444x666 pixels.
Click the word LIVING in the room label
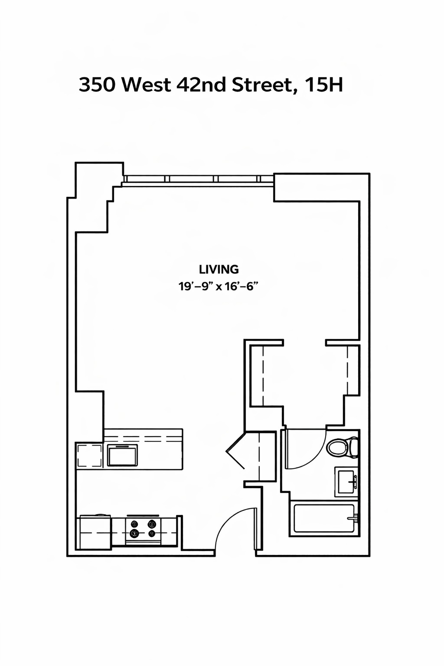click(219, 269)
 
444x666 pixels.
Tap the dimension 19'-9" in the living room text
click(195, 286)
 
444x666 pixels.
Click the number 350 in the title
click(97, 85)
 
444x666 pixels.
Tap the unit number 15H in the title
click(324, 85)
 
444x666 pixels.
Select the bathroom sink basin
click(344, 481)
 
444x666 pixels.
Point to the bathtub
click(323, 518)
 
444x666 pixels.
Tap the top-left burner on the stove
click(134, 524)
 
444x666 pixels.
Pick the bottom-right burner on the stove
click(152, 533)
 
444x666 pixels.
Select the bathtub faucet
click(354, 518)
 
